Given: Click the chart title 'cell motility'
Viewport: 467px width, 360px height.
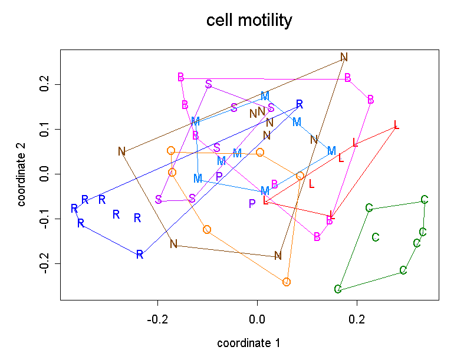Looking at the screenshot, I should click(x=249, y=21).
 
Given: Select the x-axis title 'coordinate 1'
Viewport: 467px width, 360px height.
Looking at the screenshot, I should click(x=248, y=343).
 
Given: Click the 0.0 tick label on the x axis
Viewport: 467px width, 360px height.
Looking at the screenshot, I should click(x=257, y=319).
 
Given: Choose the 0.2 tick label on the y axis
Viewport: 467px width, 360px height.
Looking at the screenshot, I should click(x=43, y=85).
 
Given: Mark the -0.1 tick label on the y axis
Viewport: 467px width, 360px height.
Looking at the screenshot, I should click(x=43, y=219).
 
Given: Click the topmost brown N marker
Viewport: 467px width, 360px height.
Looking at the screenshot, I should click(x=344, y=57).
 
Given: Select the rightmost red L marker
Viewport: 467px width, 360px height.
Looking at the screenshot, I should click(x=396, y=125).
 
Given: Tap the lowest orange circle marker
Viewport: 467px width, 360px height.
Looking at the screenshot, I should click(x=287, y=282).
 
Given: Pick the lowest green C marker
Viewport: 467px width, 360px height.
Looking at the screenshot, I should click(x=338, y=289).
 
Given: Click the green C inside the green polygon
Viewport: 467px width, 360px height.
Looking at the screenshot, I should click(x=376, y=237).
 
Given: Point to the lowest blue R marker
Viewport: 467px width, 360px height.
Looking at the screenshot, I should click(x=140, y=255).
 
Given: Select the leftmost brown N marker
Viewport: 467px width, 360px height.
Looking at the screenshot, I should click(x=121, y=151).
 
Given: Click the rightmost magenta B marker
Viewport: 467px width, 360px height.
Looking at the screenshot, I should click(x=370, y=100).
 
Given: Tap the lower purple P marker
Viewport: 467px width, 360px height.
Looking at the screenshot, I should click(x=252, y=203).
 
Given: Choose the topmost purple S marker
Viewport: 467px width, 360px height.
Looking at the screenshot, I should click(x=208, y=84).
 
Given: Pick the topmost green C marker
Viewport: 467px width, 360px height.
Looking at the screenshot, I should click(x=424, y=200).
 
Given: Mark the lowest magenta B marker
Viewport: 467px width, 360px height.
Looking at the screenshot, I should click(x=317, y=237).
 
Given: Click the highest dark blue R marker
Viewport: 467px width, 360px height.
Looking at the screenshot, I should click(x=300, y=104).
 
